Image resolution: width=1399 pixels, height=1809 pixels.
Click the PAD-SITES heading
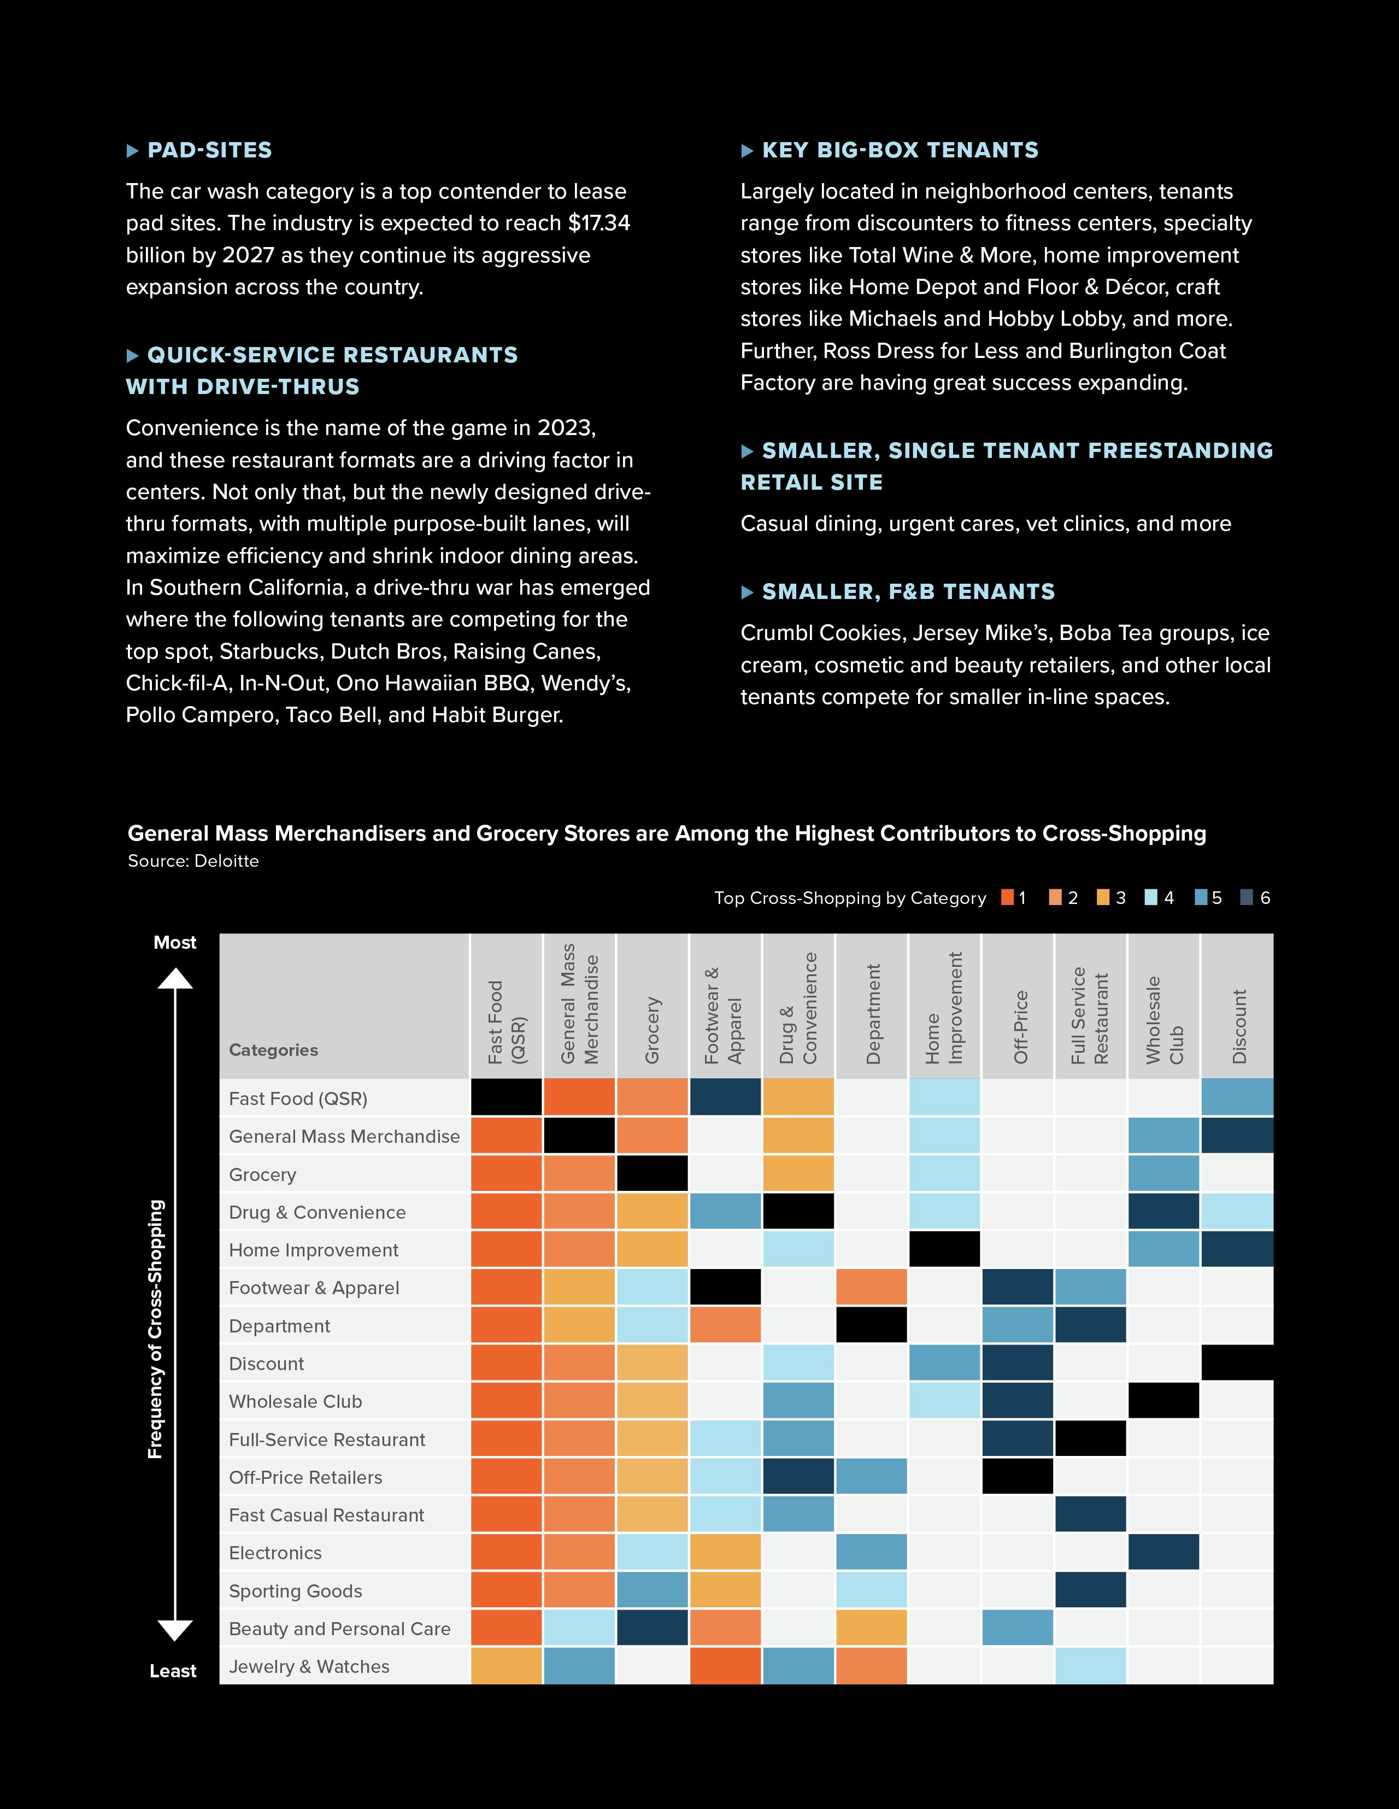pyautogui.click(x=209, y=150)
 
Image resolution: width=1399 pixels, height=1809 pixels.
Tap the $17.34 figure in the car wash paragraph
pyautogui.click(x=599, y=223)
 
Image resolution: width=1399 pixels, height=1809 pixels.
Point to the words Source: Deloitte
pyautogui.click(x=193, y=861)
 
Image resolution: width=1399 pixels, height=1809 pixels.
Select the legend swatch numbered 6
pyautogui.click(x=1247, y=898)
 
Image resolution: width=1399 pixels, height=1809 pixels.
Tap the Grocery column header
pyautogui.click(x=653, y=1030)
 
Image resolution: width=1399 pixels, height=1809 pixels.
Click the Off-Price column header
pyautogui.click(x=1020, y=1027)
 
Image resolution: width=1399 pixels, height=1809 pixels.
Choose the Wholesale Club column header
pyautogui.click(x=1165, y=1020)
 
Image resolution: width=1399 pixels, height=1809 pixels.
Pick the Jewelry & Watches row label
pyautogui.click(x=309, y=1666)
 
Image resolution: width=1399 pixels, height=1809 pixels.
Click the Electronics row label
pyautogui.click(x=275, y=1553)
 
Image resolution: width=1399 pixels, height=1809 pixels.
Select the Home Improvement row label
pyautogui.click(x=313, y=1250)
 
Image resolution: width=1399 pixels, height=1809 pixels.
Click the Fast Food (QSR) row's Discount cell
pyautogui.click(x=1237, y=1097)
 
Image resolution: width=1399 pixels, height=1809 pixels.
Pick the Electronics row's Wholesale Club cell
pyautogui.click(x=1164, y=1552)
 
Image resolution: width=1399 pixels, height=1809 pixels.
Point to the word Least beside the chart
pyautogui.click(x=173, y=1671)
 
